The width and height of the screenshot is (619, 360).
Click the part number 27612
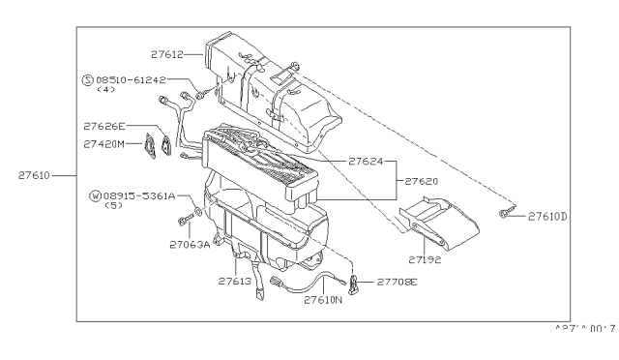170,55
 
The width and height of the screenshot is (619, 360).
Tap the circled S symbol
87,79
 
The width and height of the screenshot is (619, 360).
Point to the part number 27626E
105,126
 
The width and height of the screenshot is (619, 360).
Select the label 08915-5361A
138,195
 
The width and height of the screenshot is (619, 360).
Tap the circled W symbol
95,195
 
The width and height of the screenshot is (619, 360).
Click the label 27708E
398,282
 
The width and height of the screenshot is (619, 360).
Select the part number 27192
425,260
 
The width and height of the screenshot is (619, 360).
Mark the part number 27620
421,181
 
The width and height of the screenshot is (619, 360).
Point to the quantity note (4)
106,90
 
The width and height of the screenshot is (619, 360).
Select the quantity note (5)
112,206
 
